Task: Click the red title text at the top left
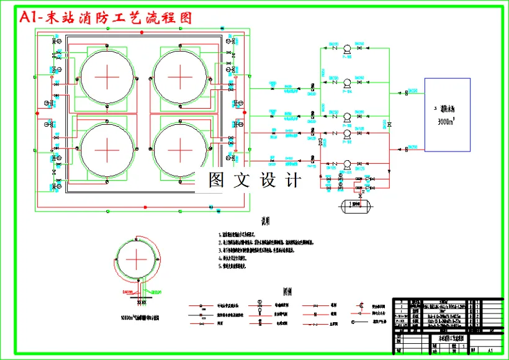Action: point(106,17)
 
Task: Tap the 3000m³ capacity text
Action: point(447,122)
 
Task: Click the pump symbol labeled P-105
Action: point(346,48)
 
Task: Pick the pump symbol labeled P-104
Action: point(346,82)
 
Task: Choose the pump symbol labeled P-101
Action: point(346,167)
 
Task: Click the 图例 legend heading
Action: point(287,290)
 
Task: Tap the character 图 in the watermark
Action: point(216,181)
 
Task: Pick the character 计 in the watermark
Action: point(292,181)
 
